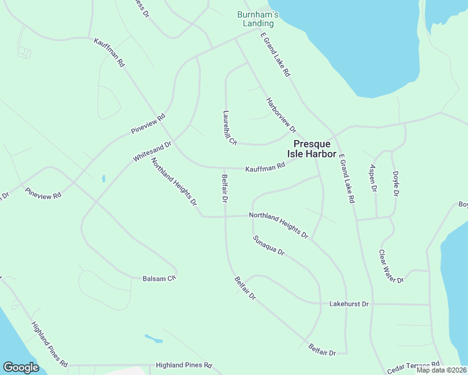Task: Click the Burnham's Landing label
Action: coord(258,19)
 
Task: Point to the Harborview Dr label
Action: coord(280,116)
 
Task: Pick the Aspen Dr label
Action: coord(373,178)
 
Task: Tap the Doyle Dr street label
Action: coord(395,184)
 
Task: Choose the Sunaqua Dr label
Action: coord(268,246)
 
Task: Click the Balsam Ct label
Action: coord(159,278)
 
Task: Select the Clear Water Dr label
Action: coord(392,266)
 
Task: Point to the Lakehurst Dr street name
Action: coord(349,304)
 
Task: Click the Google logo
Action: coord(21,367)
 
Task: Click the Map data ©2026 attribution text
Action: coord(441,370)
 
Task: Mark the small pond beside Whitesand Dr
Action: coord(103,179)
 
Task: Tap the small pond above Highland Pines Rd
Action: coord(154,339)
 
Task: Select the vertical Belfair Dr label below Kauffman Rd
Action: coord(224,189)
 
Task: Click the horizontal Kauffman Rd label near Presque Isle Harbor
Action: coord(265,167)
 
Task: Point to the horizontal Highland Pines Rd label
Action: coord(185,365)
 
